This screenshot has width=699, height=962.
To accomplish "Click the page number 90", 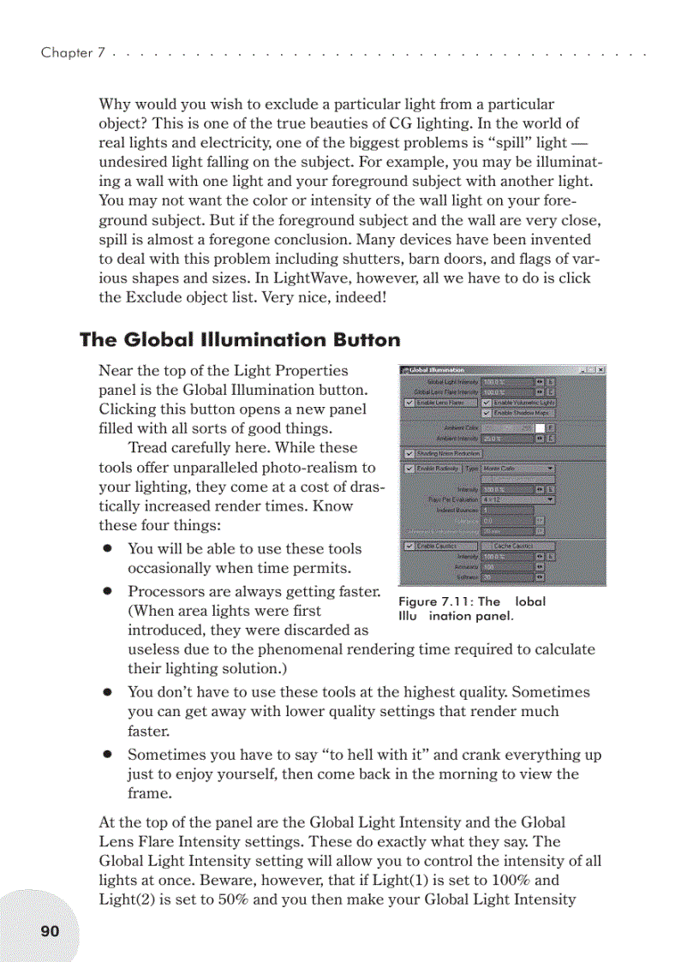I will [x=50, y=930].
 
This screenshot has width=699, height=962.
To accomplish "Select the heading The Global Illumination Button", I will [x=240, y=340].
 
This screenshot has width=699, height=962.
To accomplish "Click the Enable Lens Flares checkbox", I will [x=409, y=403].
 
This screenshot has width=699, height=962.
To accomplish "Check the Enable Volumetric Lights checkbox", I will [x=487, y=403].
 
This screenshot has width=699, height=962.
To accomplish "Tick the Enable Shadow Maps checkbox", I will [x=487, y=413].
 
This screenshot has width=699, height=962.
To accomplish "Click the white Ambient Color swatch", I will [x=540, y=427].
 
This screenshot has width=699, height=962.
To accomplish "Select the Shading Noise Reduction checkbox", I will [x=409, y=453].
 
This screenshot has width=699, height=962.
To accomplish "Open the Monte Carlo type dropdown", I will [x=518, y=469].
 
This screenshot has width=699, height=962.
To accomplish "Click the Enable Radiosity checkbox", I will [x=409, y=469].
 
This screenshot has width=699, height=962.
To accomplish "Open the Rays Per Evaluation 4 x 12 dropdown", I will [x=518, y=499].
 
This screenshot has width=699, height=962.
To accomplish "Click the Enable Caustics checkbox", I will [x=409, y=546].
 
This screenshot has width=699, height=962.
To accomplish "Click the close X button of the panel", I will [x=601, y=370].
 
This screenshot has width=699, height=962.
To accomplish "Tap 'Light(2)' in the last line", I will [x=127, y=899].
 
